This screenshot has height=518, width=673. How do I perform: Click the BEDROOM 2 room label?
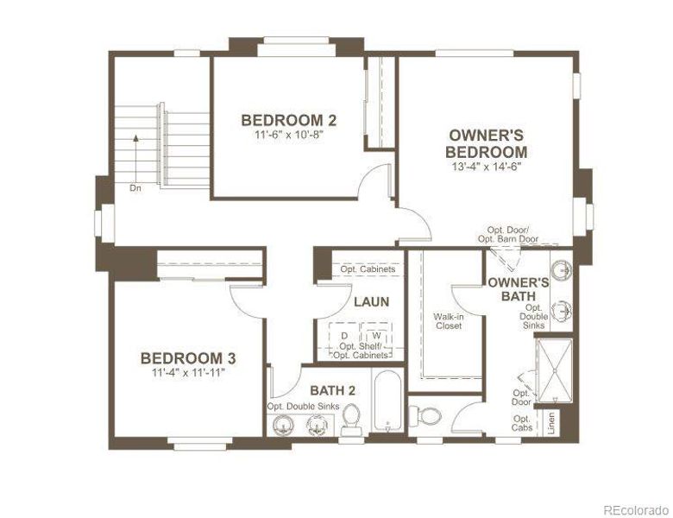[288, 120]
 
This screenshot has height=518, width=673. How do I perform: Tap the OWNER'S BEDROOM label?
[487, 143]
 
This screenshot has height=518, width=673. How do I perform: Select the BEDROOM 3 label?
[189, 358]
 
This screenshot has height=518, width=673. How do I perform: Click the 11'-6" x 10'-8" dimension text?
[288, 135]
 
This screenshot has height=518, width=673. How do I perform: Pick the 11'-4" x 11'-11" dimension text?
[189, 373]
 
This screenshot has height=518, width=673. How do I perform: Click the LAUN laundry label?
[370, 302]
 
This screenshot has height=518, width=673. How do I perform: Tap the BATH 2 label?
[332, 391]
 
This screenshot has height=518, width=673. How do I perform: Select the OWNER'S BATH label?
[519, 289]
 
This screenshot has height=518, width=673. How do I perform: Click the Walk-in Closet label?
[448, 321]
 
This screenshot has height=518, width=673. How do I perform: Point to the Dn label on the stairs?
[135, 186]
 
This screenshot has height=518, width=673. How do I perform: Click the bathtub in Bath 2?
[388, 401]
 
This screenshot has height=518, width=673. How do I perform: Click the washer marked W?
[376, 335]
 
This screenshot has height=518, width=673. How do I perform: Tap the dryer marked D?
[344, 335]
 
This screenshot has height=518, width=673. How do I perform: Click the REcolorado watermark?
[634, 508]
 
